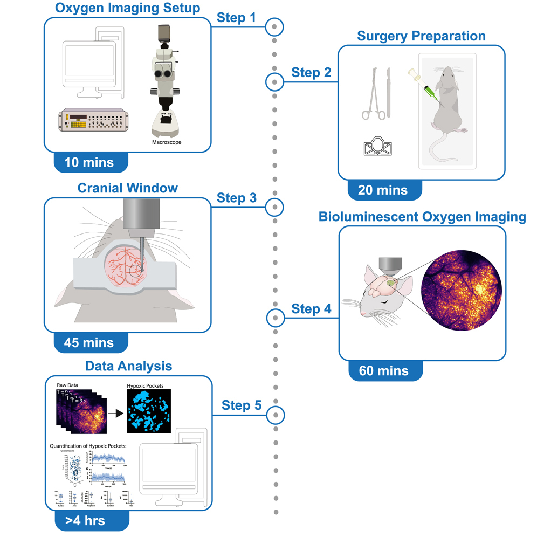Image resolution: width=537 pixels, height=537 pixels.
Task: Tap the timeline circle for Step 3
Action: coord(275,206)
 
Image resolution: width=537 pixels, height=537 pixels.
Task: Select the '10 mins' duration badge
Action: coord(89,162)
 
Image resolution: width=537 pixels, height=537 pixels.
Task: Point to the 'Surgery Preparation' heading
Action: coord(421,37)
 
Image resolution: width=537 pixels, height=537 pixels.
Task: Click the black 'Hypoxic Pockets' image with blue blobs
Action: coord(149,411)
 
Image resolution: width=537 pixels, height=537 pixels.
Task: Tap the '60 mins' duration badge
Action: coord(383,370)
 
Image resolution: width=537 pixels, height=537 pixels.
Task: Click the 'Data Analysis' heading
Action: coord(128,366)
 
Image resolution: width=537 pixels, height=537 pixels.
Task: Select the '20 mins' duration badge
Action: coord(383,190)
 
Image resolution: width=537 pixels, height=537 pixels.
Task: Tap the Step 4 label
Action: coord(312,309)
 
